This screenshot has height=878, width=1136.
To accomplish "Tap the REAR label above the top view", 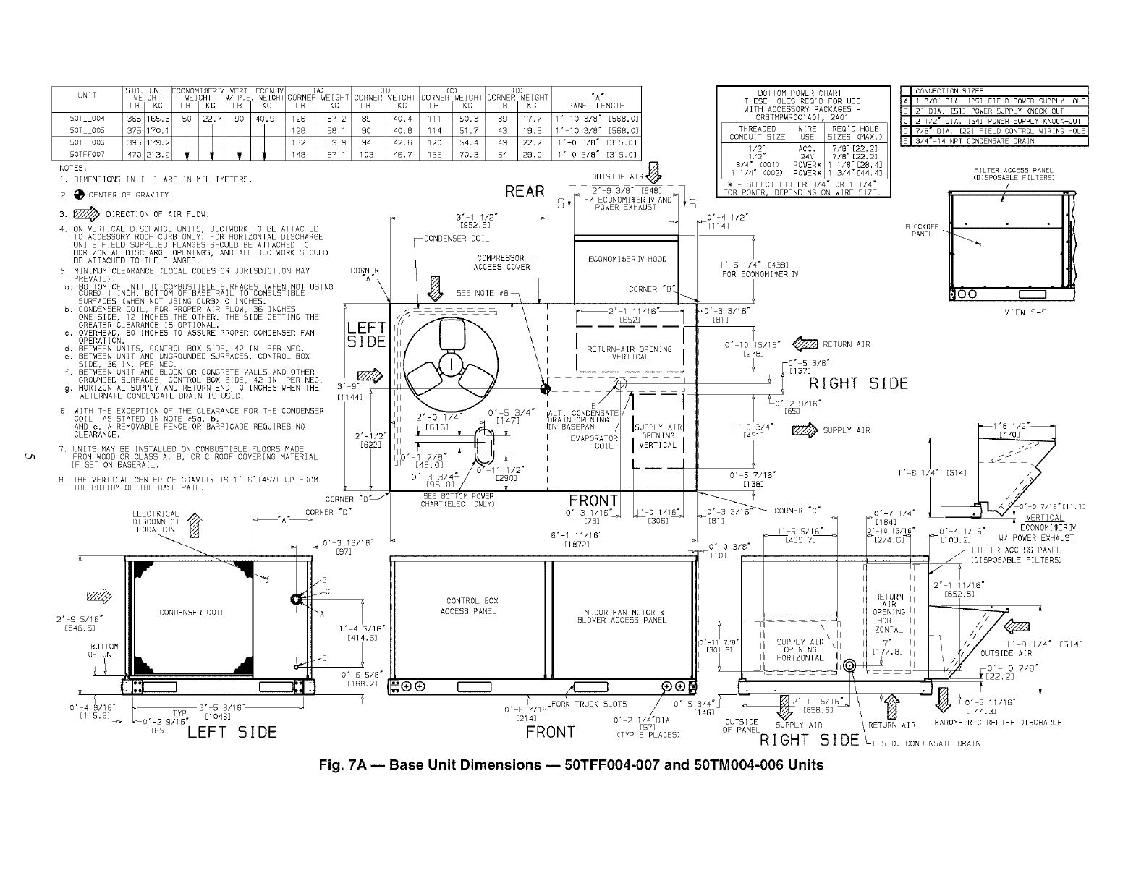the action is coord(525,191).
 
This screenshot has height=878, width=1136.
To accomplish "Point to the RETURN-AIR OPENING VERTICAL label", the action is coord(630,352).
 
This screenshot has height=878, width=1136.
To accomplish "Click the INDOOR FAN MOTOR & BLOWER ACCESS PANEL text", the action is coord(622,616).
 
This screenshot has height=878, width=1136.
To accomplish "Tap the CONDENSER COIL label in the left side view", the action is coord(192,613).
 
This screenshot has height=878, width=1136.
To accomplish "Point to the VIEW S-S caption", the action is coord(1025,312).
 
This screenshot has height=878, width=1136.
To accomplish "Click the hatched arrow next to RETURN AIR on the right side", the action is coord(805,344).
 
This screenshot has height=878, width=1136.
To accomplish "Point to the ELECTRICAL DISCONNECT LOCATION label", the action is coord(156,521).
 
